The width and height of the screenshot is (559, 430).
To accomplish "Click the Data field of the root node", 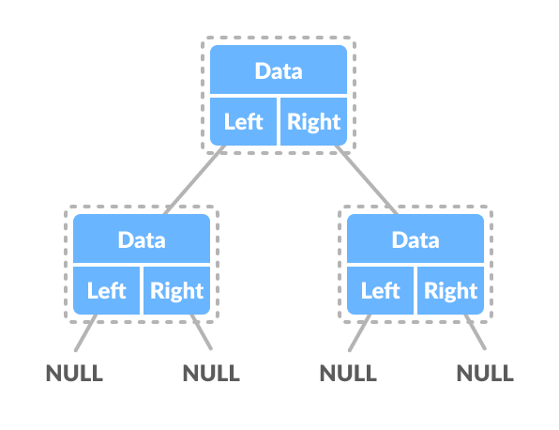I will click(x=279, y=70).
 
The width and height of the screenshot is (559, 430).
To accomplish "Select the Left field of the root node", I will click(x=243, y=122).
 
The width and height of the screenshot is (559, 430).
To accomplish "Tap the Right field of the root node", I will click(x=314, y=122).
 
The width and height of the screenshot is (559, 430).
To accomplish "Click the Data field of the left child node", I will click(x=142, y=239).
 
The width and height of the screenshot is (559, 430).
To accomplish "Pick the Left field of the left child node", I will click(x=106, y=290).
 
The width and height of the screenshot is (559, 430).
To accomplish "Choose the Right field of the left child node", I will click(x=177, y=290).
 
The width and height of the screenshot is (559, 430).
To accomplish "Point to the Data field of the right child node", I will click(x=415, y=239).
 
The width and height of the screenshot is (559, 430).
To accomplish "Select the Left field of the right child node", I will click(x=380, y=290).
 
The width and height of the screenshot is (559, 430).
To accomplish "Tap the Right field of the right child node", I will click(x=451, y=290).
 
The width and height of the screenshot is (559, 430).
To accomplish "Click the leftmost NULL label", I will click(x=74, y=373).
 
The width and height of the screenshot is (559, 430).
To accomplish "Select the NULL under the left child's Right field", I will click(x=211, y=373).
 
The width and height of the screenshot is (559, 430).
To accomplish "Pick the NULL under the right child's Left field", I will click(x=348, y=373).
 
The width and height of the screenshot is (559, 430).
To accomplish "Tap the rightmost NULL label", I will click(x=485, y=373).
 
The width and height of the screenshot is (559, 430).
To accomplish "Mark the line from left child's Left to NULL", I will click(x=86, y=334).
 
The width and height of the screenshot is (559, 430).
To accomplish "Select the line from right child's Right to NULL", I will click(x=476, y=334).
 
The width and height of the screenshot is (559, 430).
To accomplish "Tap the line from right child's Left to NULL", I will click(x=359, y=334).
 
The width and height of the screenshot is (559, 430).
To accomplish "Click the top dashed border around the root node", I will click(x=279, y=38).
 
